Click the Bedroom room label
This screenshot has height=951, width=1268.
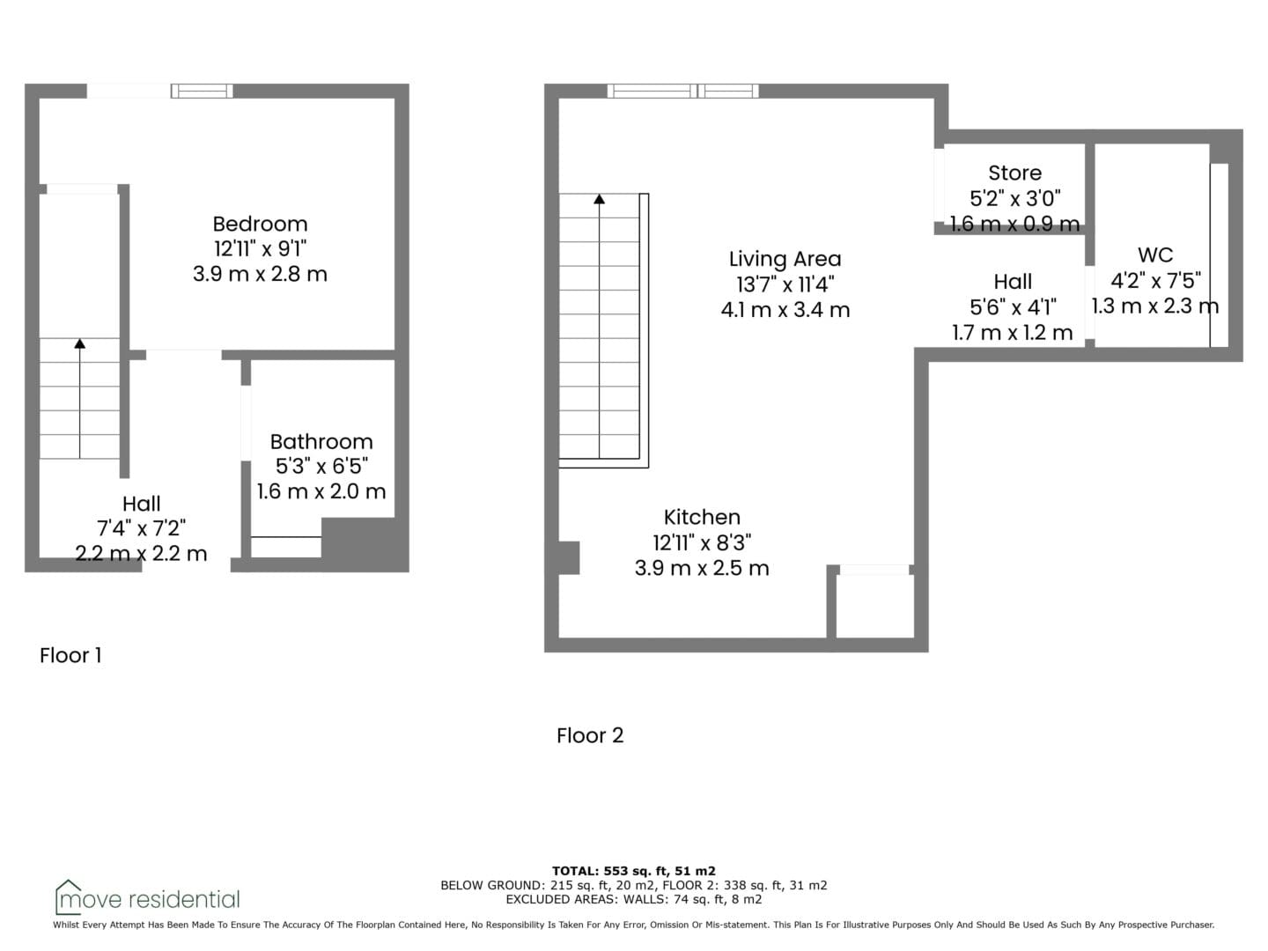click(260, 224)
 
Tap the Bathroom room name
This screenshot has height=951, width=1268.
click(321, 442)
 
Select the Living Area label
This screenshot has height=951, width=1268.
click(785, 259)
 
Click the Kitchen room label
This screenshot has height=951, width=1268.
click(702, 517)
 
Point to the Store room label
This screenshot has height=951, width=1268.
click(1015, 173)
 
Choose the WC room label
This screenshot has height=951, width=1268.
click(1155, 254)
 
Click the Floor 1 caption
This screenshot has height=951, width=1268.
click(70, 655)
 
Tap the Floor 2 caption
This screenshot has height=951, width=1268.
click(590, 735)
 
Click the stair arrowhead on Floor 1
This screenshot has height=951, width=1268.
click(80, 343)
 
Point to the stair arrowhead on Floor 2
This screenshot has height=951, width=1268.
click(600, 199)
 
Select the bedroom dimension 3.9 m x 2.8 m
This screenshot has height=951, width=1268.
click(260, 274)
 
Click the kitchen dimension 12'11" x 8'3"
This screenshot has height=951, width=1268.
click(702, 542)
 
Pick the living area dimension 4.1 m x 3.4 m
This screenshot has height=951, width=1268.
click(785, 310)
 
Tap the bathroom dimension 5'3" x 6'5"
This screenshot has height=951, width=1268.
click(321, 466)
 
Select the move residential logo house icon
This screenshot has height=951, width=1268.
click(68, 896)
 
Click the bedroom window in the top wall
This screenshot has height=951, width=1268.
click(202, 92)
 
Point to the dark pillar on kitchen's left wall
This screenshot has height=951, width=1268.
click(569, 557)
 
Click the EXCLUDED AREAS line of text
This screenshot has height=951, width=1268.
click(634, 899)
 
